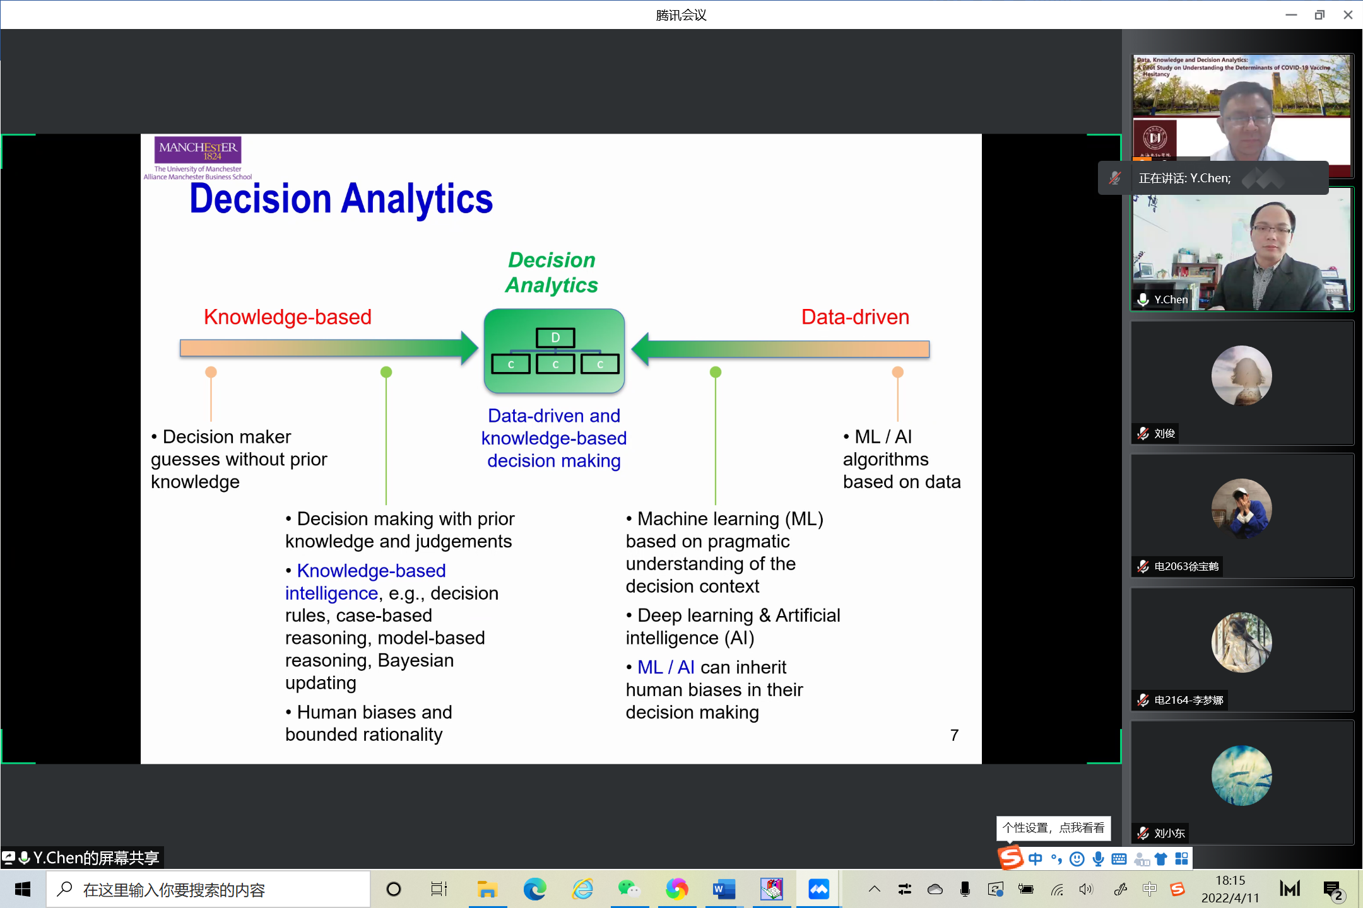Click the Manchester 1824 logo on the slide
pyautogui.click(x=198, y=151)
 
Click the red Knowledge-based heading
pyautogui.click(x=287, y=317)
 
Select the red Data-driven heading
pyautogui.click(x=855, y=317)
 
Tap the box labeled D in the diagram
pyautogui.click(x=555, y=338)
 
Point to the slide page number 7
pyautogui.click(x=954, y=735)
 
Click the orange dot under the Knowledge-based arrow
pyautogui.click(x=211, y=372)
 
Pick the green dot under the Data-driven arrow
pyautogui.click(x=716, y=372)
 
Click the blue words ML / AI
pyautogui.click(x=666, y=667)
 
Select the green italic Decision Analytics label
pyautogui.click(x=552, y=272)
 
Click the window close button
pyautogui.click(x=1348, y=15)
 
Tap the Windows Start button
pyautogui.click(x=23, y=890)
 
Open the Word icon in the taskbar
pyautogui.click(x=724, y=890)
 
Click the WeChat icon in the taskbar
pyautogui.click(x=628, y=890)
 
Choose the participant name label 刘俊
pyautogui.click(x=1164, y=433)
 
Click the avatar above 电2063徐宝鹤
pyautogui.click(x=1241, y=509)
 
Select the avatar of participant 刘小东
pyautogui.click(x=1241, y=776)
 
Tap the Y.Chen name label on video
pyautogui.click(x=1171, y=300)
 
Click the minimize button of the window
pyautogui.click(x=1291, y=15)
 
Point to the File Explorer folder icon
pyautogui.click(x=487, y=890)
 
